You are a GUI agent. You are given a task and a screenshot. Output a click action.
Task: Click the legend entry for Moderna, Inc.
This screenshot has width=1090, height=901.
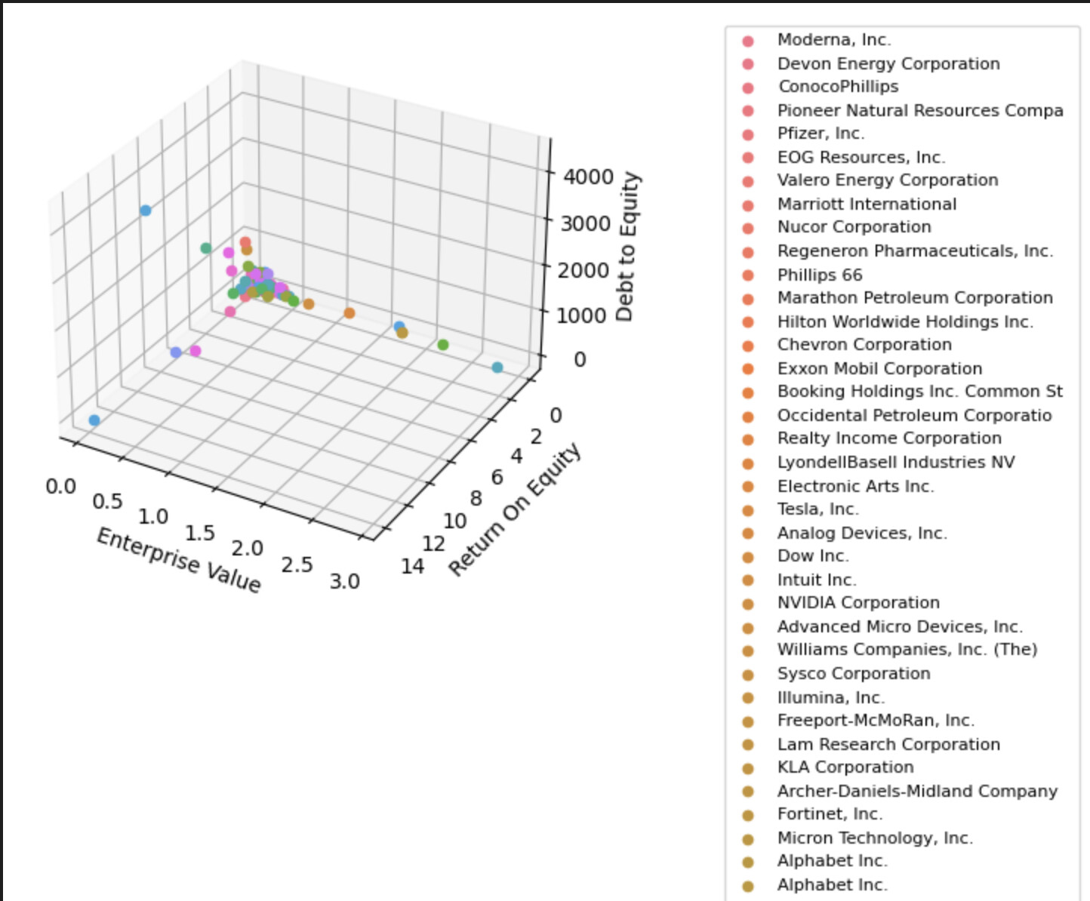point(833,40)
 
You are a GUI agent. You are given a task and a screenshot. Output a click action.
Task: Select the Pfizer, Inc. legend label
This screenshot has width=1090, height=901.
point(821,134)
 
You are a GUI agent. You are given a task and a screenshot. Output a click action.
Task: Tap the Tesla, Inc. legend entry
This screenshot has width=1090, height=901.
point(817,509)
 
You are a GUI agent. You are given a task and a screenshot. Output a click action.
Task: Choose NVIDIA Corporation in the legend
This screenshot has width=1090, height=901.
point(858,603)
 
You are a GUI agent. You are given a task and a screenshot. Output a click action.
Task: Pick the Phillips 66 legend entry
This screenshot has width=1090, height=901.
point(819,275)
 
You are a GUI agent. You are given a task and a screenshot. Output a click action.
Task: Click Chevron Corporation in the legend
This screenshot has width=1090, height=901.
point(864,345)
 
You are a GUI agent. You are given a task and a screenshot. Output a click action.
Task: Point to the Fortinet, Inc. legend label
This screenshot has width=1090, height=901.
point(830,814)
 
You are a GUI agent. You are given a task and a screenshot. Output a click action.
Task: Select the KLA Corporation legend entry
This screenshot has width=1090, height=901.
point(845,767)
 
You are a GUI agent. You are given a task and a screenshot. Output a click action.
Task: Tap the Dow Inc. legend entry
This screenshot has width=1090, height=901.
point(813,556)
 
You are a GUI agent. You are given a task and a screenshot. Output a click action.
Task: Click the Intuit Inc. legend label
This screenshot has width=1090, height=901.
point(817,580)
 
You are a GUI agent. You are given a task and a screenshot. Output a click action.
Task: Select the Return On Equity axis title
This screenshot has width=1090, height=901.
point(516,509)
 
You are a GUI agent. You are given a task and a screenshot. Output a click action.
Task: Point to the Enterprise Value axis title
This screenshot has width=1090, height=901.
point(179,561)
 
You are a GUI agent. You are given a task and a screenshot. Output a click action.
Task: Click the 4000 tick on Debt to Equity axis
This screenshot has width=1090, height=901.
point(589,177)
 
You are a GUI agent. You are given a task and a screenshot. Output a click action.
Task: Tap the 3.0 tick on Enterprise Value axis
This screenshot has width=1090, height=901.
point(344,582)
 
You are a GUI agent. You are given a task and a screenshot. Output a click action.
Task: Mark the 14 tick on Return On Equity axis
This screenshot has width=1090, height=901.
point(412,567)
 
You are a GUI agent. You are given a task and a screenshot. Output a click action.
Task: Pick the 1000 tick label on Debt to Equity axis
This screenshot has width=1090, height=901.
point(581,315)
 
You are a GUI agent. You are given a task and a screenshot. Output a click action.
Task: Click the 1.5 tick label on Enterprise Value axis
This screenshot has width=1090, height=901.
point(200,534)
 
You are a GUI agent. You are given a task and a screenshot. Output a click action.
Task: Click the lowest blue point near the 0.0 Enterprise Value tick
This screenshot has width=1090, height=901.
point(94,420)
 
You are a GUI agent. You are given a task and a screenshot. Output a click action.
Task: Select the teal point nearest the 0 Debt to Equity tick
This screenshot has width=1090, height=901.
point(497,367)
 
